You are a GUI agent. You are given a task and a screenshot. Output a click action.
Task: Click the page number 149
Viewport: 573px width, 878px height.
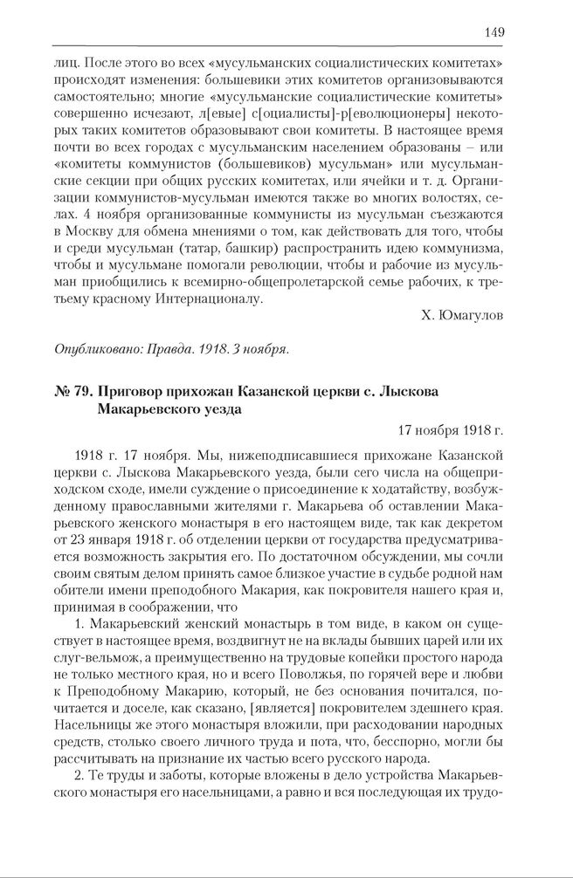(x=494, y=32)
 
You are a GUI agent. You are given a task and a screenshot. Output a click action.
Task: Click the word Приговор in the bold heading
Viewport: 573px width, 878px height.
(x=131, y=389)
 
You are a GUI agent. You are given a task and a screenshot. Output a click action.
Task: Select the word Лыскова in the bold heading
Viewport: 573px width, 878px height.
(x=411, y=389)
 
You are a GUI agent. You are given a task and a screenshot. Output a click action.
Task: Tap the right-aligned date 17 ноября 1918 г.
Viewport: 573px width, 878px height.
(x=452, y=429)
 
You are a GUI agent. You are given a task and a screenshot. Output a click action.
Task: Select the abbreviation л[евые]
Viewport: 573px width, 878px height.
(x=217, y=114)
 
